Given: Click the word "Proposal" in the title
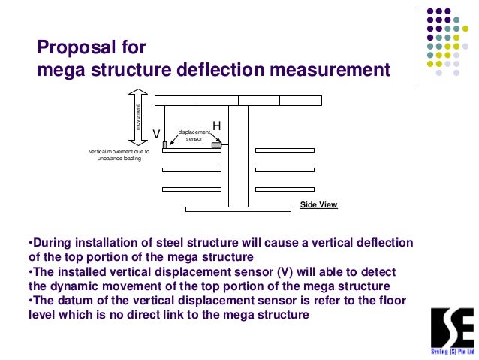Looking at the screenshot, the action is [70, 49].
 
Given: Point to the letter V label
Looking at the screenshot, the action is [156, 133].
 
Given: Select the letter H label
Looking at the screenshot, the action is [216, 126].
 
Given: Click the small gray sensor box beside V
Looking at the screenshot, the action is [164, 144].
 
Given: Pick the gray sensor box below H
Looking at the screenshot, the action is [216, 145].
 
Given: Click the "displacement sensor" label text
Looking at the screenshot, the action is [194, 135].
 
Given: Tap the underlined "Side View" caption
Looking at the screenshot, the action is [318, 204].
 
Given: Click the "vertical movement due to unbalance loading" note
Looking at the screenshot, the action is [119, 156].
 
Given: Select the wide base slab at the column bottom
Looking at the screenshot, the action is [237, 209].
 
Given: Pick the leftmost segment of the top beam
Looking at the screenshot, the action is [176, 100].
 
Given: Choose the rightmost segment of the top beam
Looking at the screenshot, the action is [300, 100].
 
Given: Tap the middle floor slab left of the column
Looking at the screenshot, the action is [191, 170].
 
